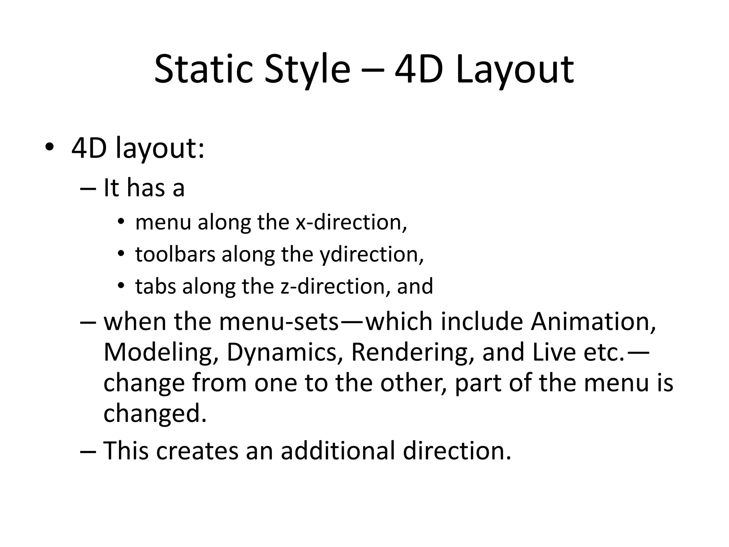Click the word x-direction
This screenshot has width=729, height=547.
pyautogui.click(x=351, y=222)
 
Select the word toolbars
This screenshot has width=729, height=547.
pyautogui.click(x=175, y=254)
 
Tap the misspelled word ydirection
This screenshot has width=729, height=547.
pyautogui.click(x=372, y=255)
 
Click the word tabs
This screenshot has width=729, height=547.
pyautogui.click(x=156, y=286)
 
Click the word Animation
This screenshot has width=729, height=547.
pyautogui.click(x=593, y=322)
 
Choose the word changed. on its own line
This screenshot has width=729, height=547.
pyautogui.click(x=155, y=413)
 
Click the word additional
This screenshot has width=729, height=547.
pyautogui.click(x=338, y=450)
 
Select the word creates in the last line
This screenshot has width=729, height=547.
pyautogui.click(x=197, y=450)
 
